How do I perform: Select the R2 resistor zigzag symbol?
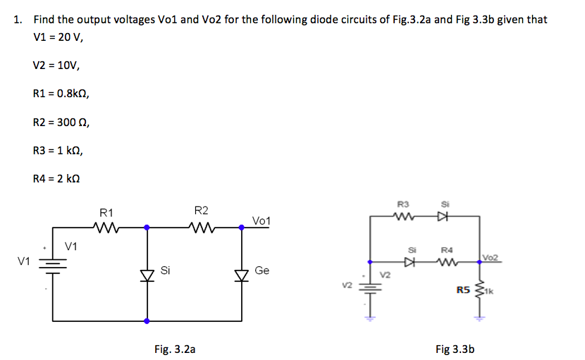pos(202,228)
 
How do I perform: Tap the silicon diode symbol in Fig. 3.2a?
pos(147,273)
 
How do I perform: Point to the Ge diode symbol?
pos(242,273)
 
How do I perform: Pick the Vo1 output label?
pos(261,221)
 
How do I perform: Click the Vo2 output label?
pos(491,258)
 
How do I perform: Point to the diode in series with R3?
pos(443,216)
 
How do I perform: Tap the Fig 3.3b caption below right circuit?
pos(455,348)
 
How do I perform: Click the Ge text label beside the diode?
pos(261,271)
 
